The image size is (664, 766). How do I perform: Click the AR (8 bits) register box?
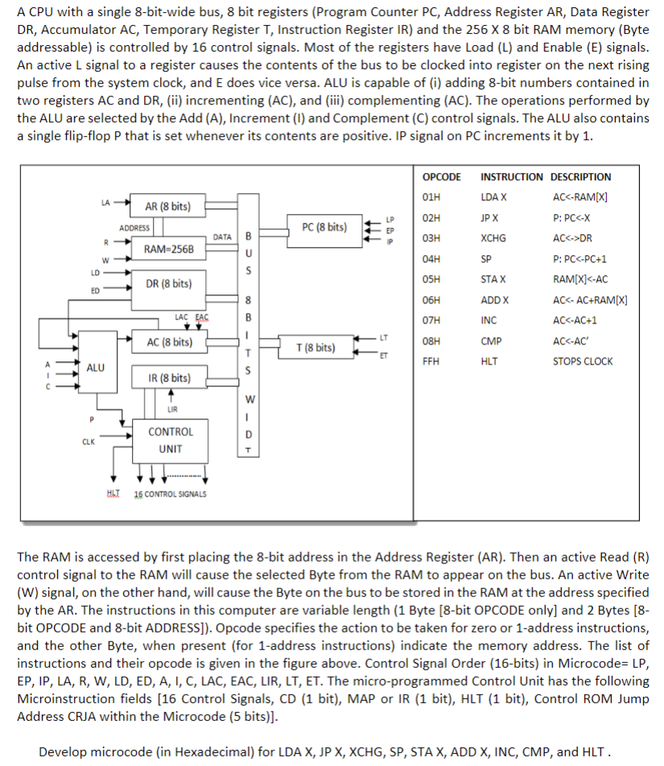pyautogui.click(x=168, y=207)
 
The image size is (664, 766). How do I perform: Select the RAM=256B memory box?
pyautogui.click(x=168, y=249)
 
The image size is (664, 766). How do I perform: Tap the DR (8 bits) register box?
pyautogui.click(x=168, y=284)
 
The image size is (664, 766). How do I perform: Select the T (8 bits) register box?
pyautogui.click(x=315, y=348)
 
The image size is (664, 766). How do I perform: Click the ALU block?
pyautogui.click(x=95, y=368)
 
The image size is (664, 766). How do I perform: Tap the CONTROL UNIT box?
pyautogui.click(x=171, y=440)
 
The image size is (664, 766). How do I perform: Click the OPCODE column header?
pyautogui.click(x=441, y=177)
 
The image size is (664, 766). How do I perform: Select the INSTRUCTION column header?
pyautogui.click(x=511, y=177)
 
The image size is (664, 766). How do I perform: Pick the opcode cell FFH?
pyautogui.click(x=431, y=361)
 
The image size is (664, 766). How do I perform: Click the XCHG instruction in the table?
pyautogui.click(x=493, y=238)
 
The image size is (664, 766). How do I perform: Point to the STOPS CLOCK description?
pyautogui.click(x=582, y=361)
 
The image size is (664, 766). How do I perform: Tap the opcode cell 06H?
pyautogui.click(x=431, y=299)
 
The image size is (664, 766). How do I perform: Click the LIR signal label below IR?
pyautogui.click(x=171, y=408)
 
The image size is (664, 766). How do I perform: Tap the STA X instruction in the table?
pyautogui.click(x=493, y=279)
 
